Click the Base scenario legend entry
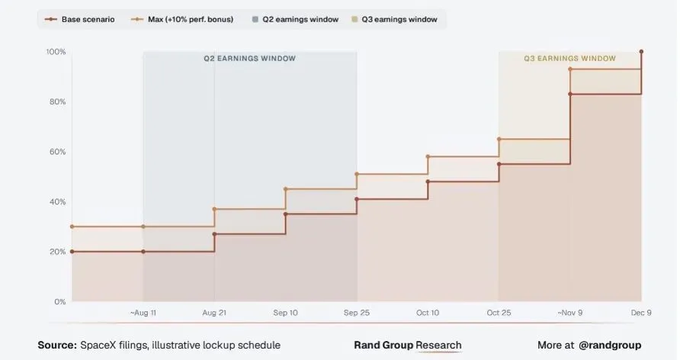click(80, 20)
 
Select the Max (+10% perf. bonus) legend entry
click(182, 20)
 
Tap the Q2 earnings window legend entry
click(295, 20)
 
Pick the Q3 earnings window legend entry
click(394, 20)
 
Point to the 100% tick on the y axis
click(56, 52)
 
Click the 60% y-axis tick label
click(56, 152)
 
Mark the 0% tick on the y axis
click(60, 301)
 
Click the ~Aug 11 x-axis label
click(143, 313)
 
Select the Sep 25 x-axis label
click(357, 313)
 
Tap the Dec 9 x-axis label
click(641, 313)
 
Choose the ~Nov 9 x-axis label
click(570, 313)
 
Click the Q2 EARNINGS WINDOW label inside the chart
click(250, 59)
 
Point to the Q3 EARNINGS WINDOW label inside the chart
click(570, 59)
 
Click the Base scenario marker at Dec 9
click(641, 52)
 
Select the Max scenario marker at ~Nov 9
click(570, 69)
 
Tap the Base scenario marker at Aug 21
click(215, 234)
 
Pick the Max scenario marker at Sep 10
click(286, 189)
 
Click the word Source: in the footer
click(57, 346)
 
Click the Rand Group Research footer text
click(408, 346)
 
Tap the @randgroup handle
click(610, 346)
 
